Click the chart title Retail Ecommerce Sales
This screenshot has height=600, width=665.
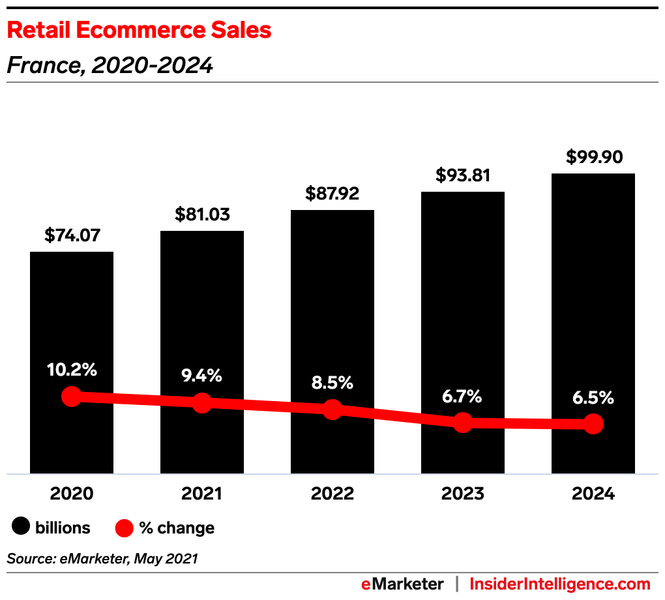coord(139,30)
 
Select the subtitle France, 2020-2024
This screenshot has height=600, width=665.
coord(110,65)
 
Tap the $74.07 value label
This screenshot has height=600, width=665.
coord(72,235)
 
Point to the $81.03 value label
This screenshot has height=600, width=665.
coord(202,215)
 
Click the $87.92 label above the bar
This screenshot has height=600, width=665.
coord(332,194)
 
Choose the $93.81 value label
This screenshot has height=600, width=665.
coord(463,175)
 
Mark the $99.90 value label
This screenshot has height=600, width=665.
coord(594,157)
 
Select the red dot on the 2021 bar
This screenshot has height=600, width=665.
coord(202,402)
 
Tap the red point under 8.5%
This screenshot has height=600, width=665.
coord(332,410)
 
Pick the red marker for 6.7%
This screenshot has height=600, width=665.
coord(463,423)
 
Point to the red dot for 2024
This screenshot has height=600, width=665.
coord(593,424)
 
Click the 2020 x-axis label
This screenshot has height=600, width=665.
coord(72,494)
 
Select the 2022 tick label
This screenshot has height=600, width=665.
coord(332,494)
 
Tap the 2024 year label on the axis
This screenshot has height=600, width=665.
coord(593,494)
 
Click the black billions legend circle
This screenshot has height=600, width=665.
coord(22,527)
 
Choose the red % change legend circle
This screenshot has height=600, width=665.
coord(125,527)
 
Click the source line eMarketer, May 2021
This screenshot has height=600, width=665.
coord(102,558)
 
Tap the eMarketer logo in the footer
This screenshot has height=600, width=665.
coord(402,584)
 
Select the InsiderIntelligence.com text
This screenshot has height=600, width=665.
coord(560,584)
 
